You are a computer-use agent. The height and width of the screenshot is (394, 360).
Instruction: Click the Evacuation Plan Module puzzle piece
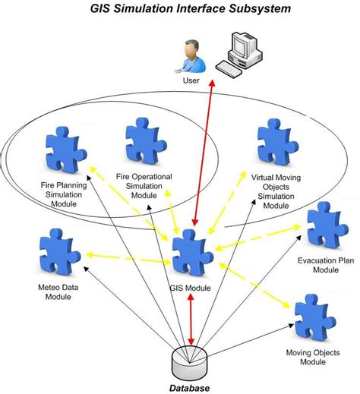(x=325, y=225)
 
